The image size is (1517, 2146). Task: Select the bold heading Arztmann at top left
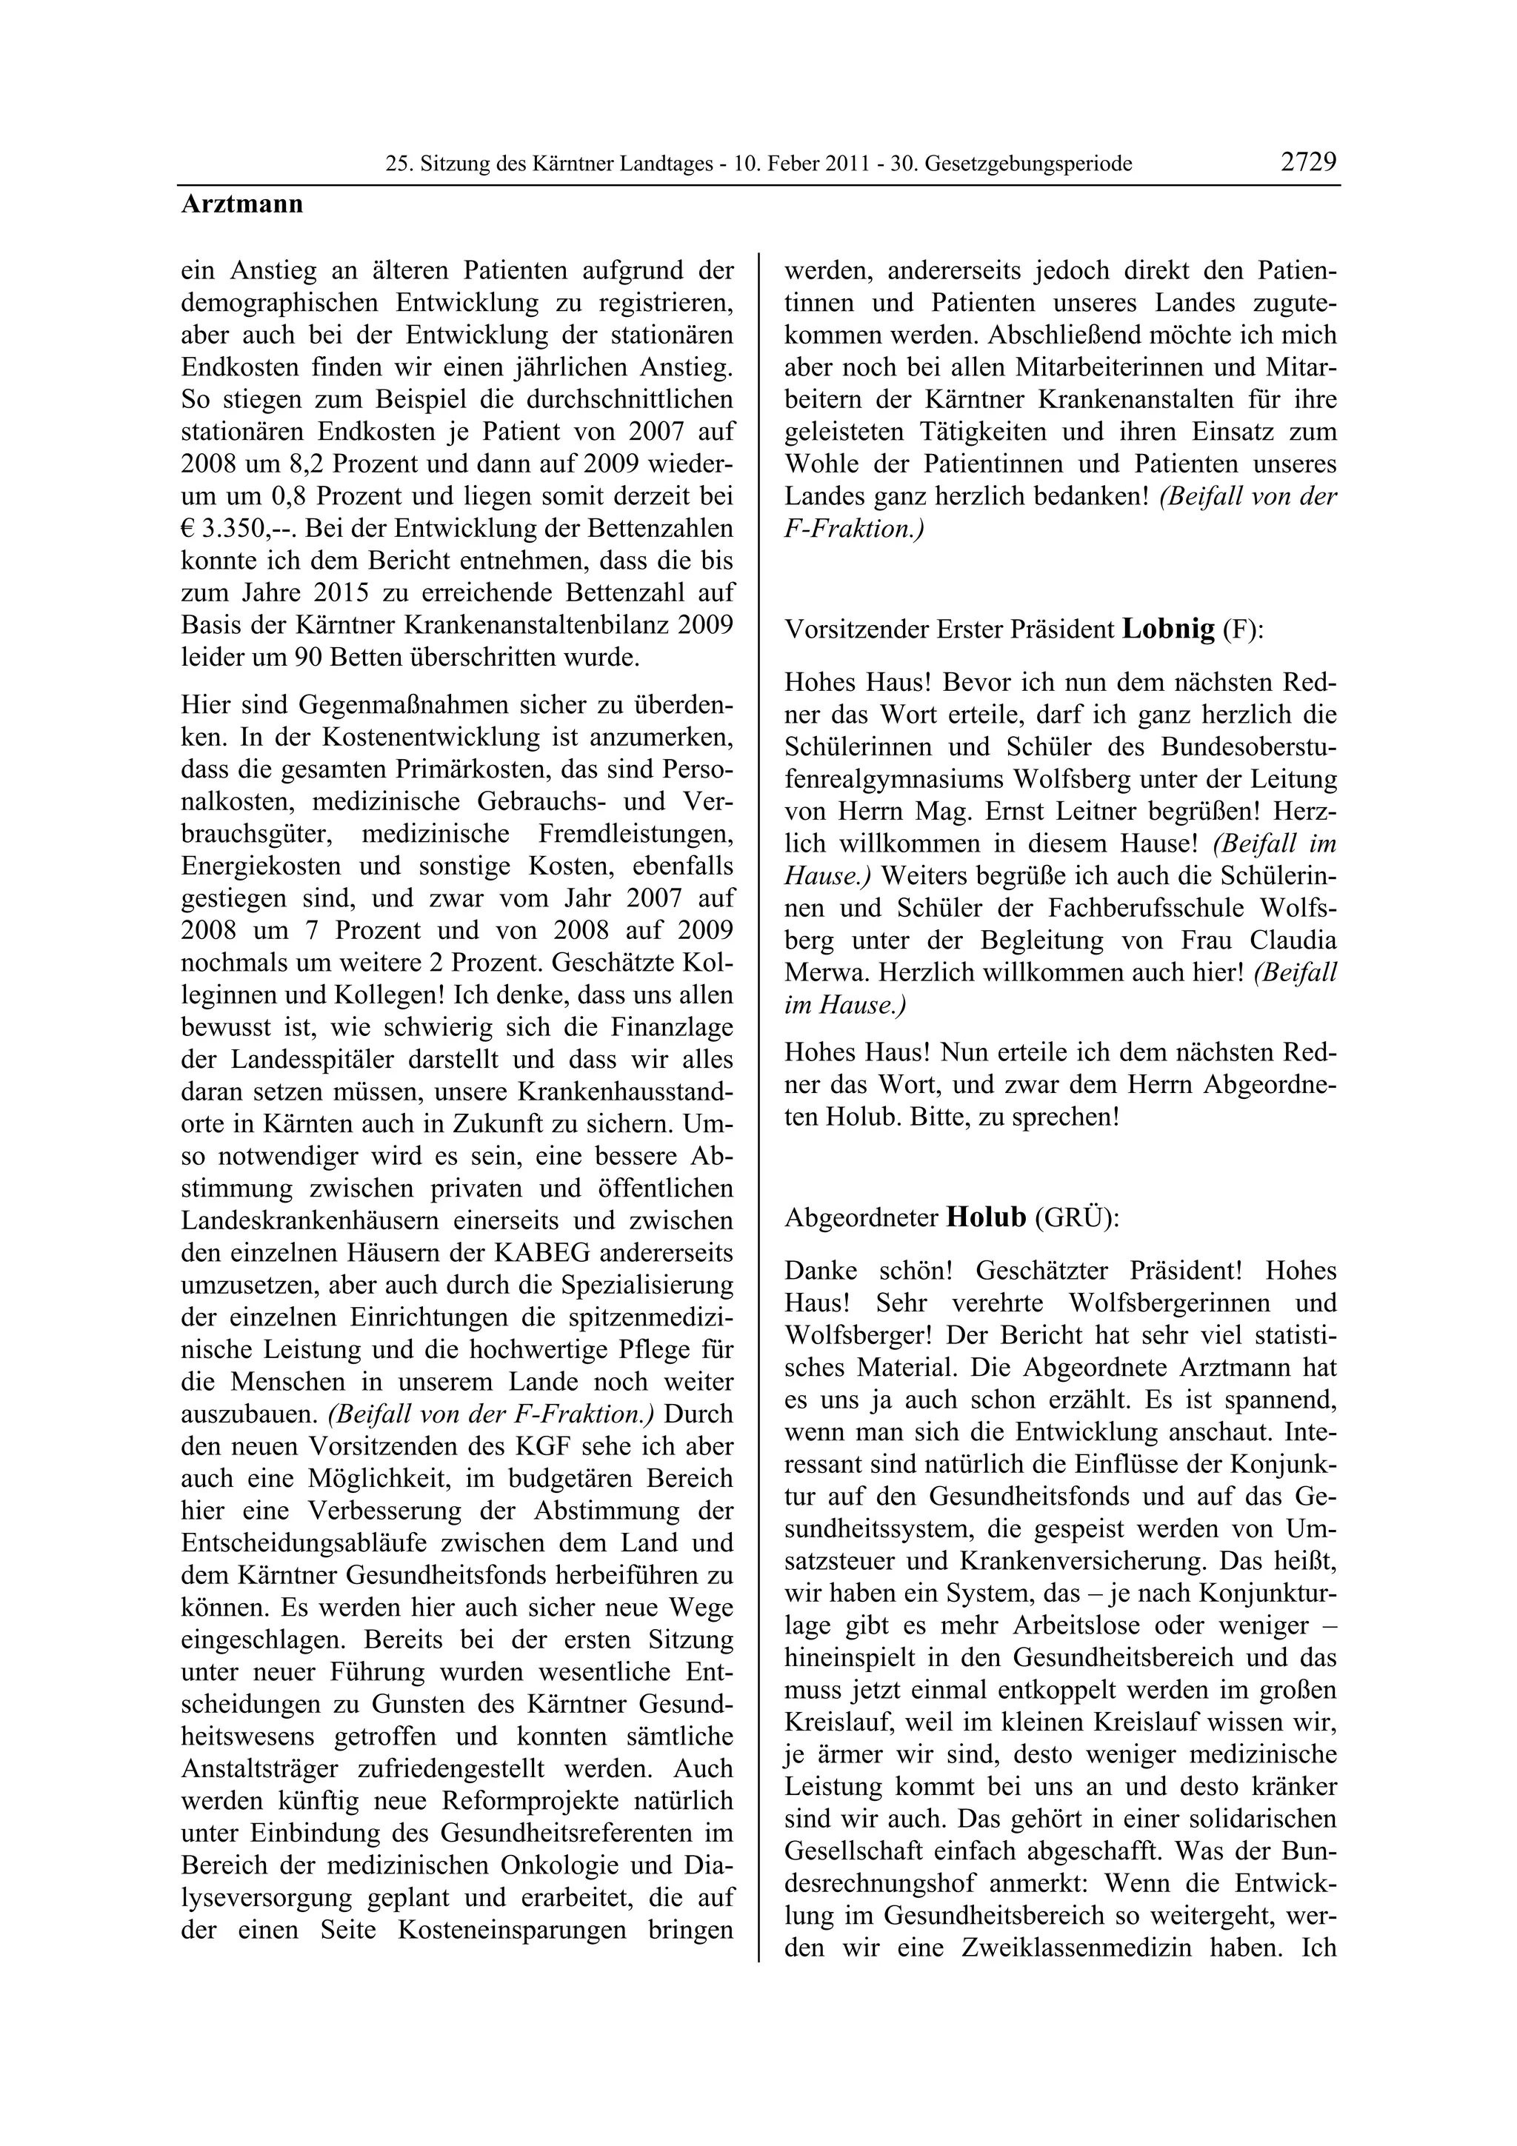(242, 204)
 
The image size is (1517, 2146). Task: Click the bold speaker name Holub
(986, 1218)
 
